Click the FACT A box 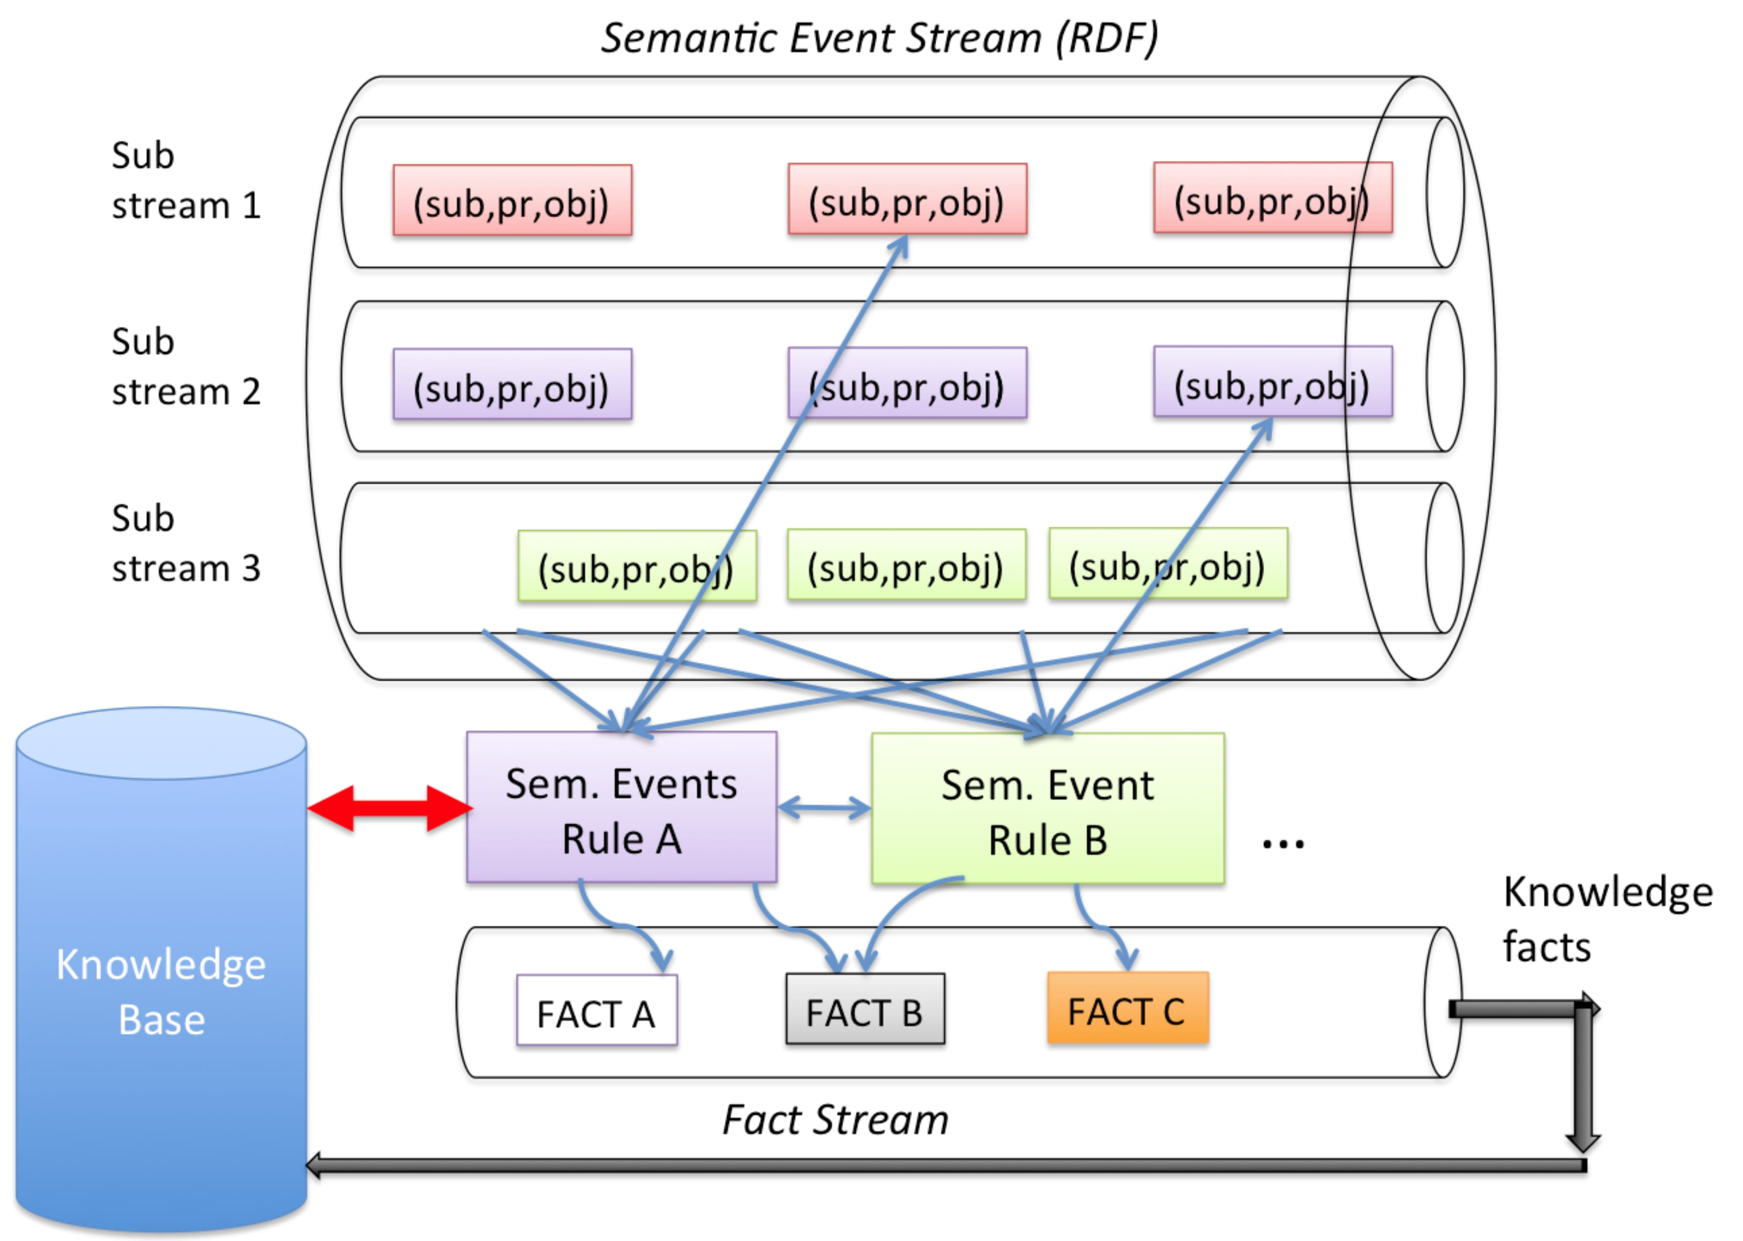click(597, 1009)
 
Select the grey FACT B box click(865, 1009)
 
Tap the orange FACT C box click(1128, 1007)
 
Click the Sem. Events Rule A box click(621, 807)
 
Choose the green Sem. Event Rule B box click(1048, 808)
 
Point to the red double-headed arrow click(389, 808)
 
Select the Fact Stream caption click(835, 1120)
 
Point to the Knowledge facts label click(1608, 919)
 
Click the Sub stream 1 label click(186, 180)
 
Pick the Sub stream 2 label click(186, 366)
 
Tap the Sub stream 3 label click(186, 543)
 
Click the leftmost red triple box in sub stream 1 click(512, 200)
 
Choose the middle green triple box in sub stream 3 click(906, 565)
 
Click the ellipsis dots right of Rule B click(1283, 844)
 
